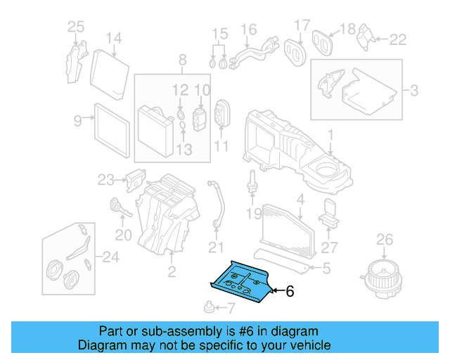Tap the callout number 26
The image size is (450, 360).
click(384, 240)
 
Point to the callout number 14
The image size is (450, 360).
click(114, 38)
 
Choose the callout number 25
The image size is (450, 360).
click(75, 27)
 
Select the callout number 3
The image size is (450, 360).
click(414, 91)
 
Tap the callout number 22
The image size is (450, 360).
click(398, 40)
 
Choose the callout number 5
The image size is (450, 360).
click(326, 267)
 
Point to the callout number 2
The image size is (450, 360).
click(172, 271)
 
